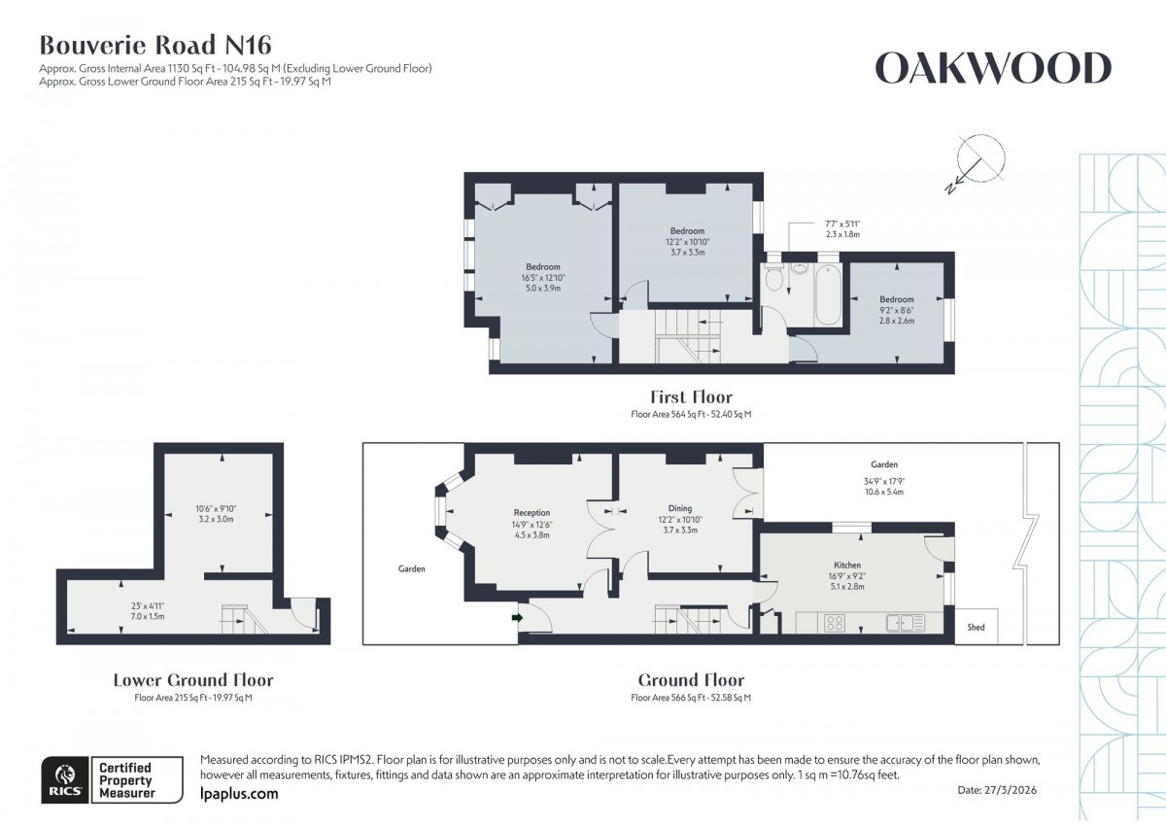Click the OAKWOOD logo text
coord(992,69)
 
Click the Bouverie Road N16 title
coord(155,44)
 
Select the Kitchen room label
coord(847,565)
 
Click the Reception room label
coord(532,512)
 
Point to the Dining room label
coord(680,507)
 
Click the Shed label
coord(976,628)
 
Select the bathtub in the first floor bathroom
coord(829,294)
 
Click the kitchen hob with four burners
coord(835,622)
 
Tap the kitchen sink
coord(905,622)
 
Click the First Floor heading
coord(691,396)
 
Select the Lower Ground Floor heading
coord(193,680)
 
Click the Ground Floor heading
coord(691,680)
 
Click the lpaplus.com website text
coord(238,794)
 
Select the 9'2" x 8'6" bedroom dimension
coord(896,310)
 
